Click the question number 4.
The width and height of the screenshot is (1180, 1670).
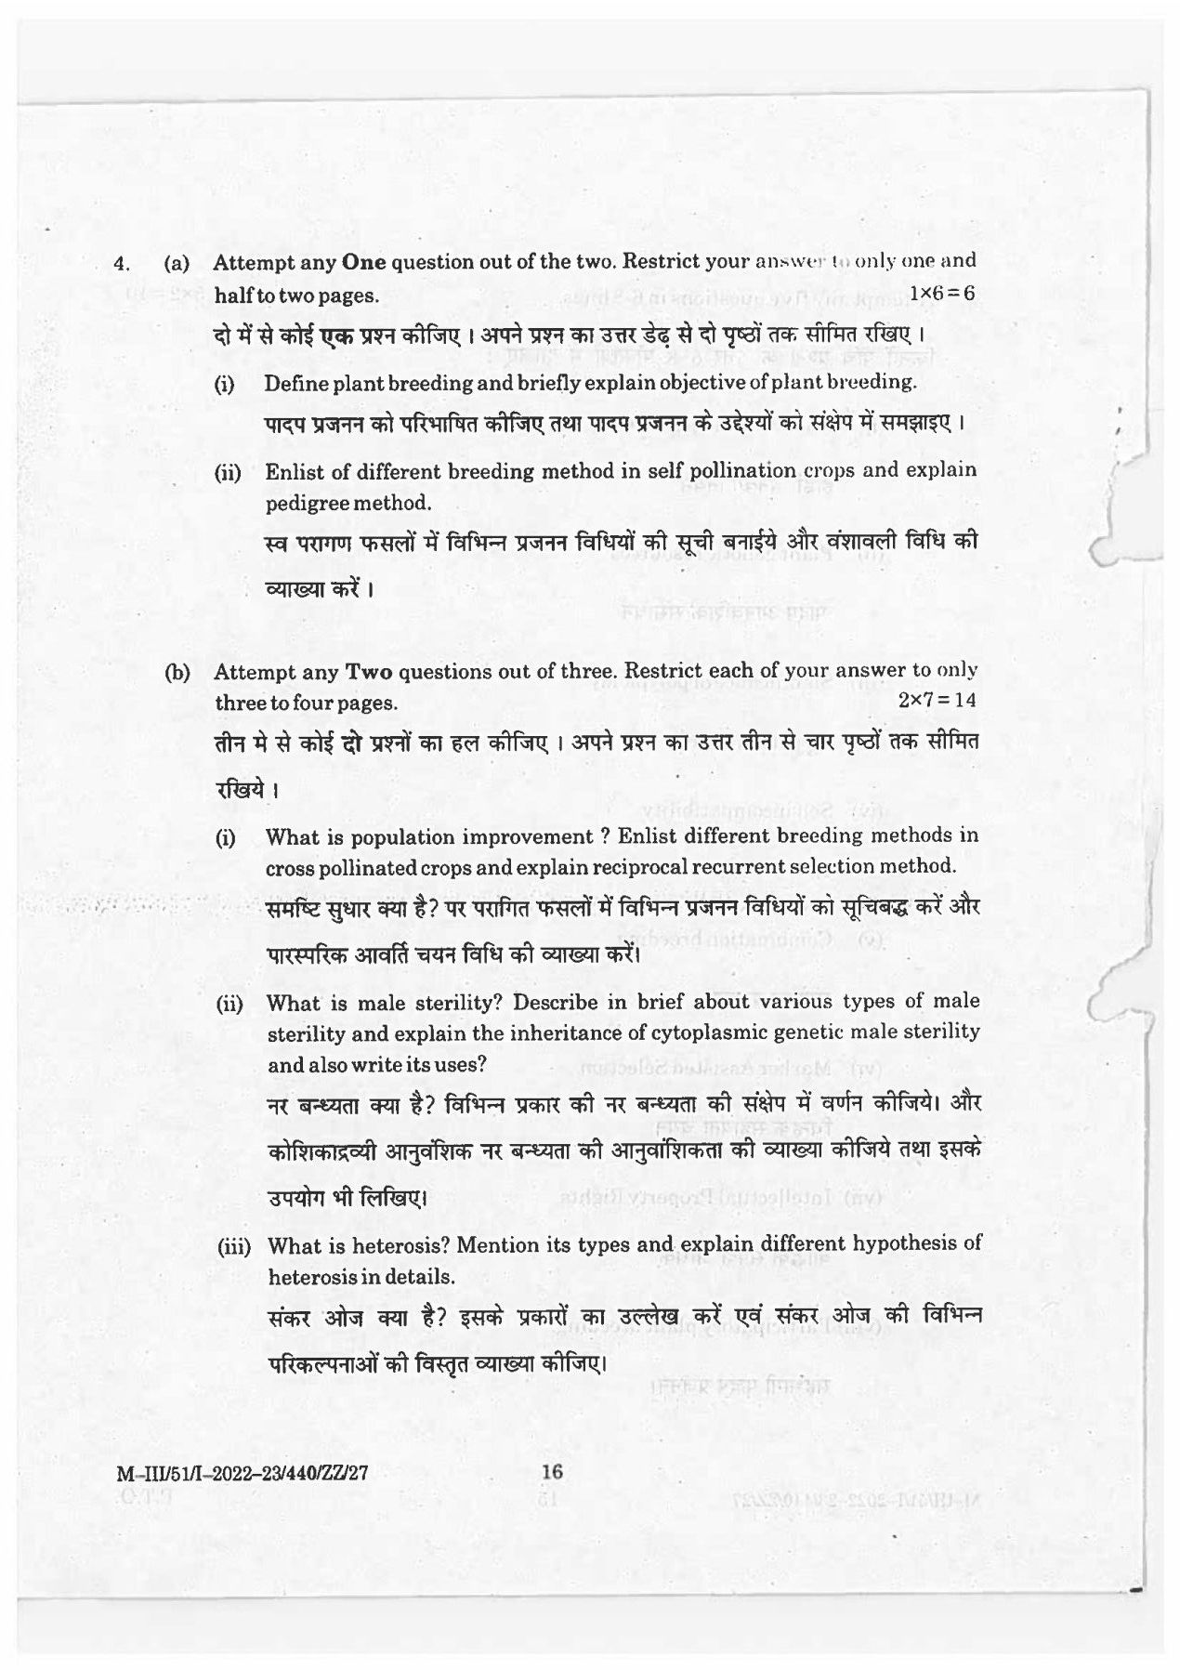(x=120, y=264)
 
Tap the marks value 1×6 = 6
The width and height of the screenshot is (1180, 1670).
(x=941, y=294)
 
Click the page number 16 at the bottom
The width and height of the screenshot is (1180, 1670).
(x=553, y=1471)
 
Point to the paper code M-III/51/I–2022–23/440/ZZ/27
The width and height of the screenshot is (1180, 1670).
(x=244, y=1473)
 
